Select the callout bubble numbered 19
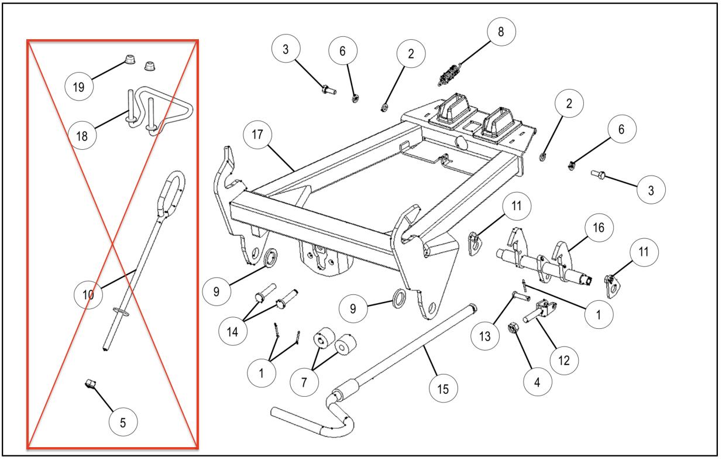pyautogui.click(x=78, y=87)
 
